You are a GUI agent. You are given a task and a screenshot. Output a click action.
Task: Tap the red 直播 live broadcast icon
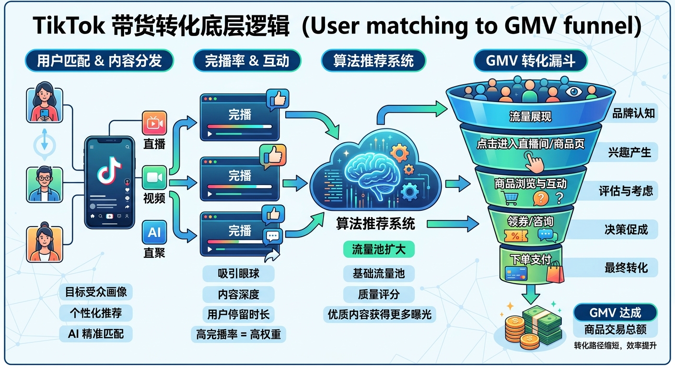[x=154, y=124]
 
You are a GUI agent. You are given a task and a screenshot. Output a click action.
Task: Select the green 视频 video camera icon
[x=154, y=178]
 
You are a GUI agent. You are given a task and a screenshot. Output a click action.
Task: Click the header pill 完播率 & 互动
[x=247, y=61]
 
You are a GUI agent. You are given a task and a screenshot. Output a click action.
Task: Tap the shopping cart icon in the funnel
[x=509, y=197]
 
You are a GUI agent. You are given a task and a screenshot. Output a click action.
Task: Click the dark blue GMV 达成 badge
[x=616, y=313]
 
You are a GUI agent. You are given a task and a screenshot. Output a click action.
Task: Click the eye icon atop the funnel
[x=573, y=92]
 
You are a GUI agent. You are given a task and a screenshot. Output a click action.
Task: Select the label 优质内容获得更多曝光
[x=379, y=314]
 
